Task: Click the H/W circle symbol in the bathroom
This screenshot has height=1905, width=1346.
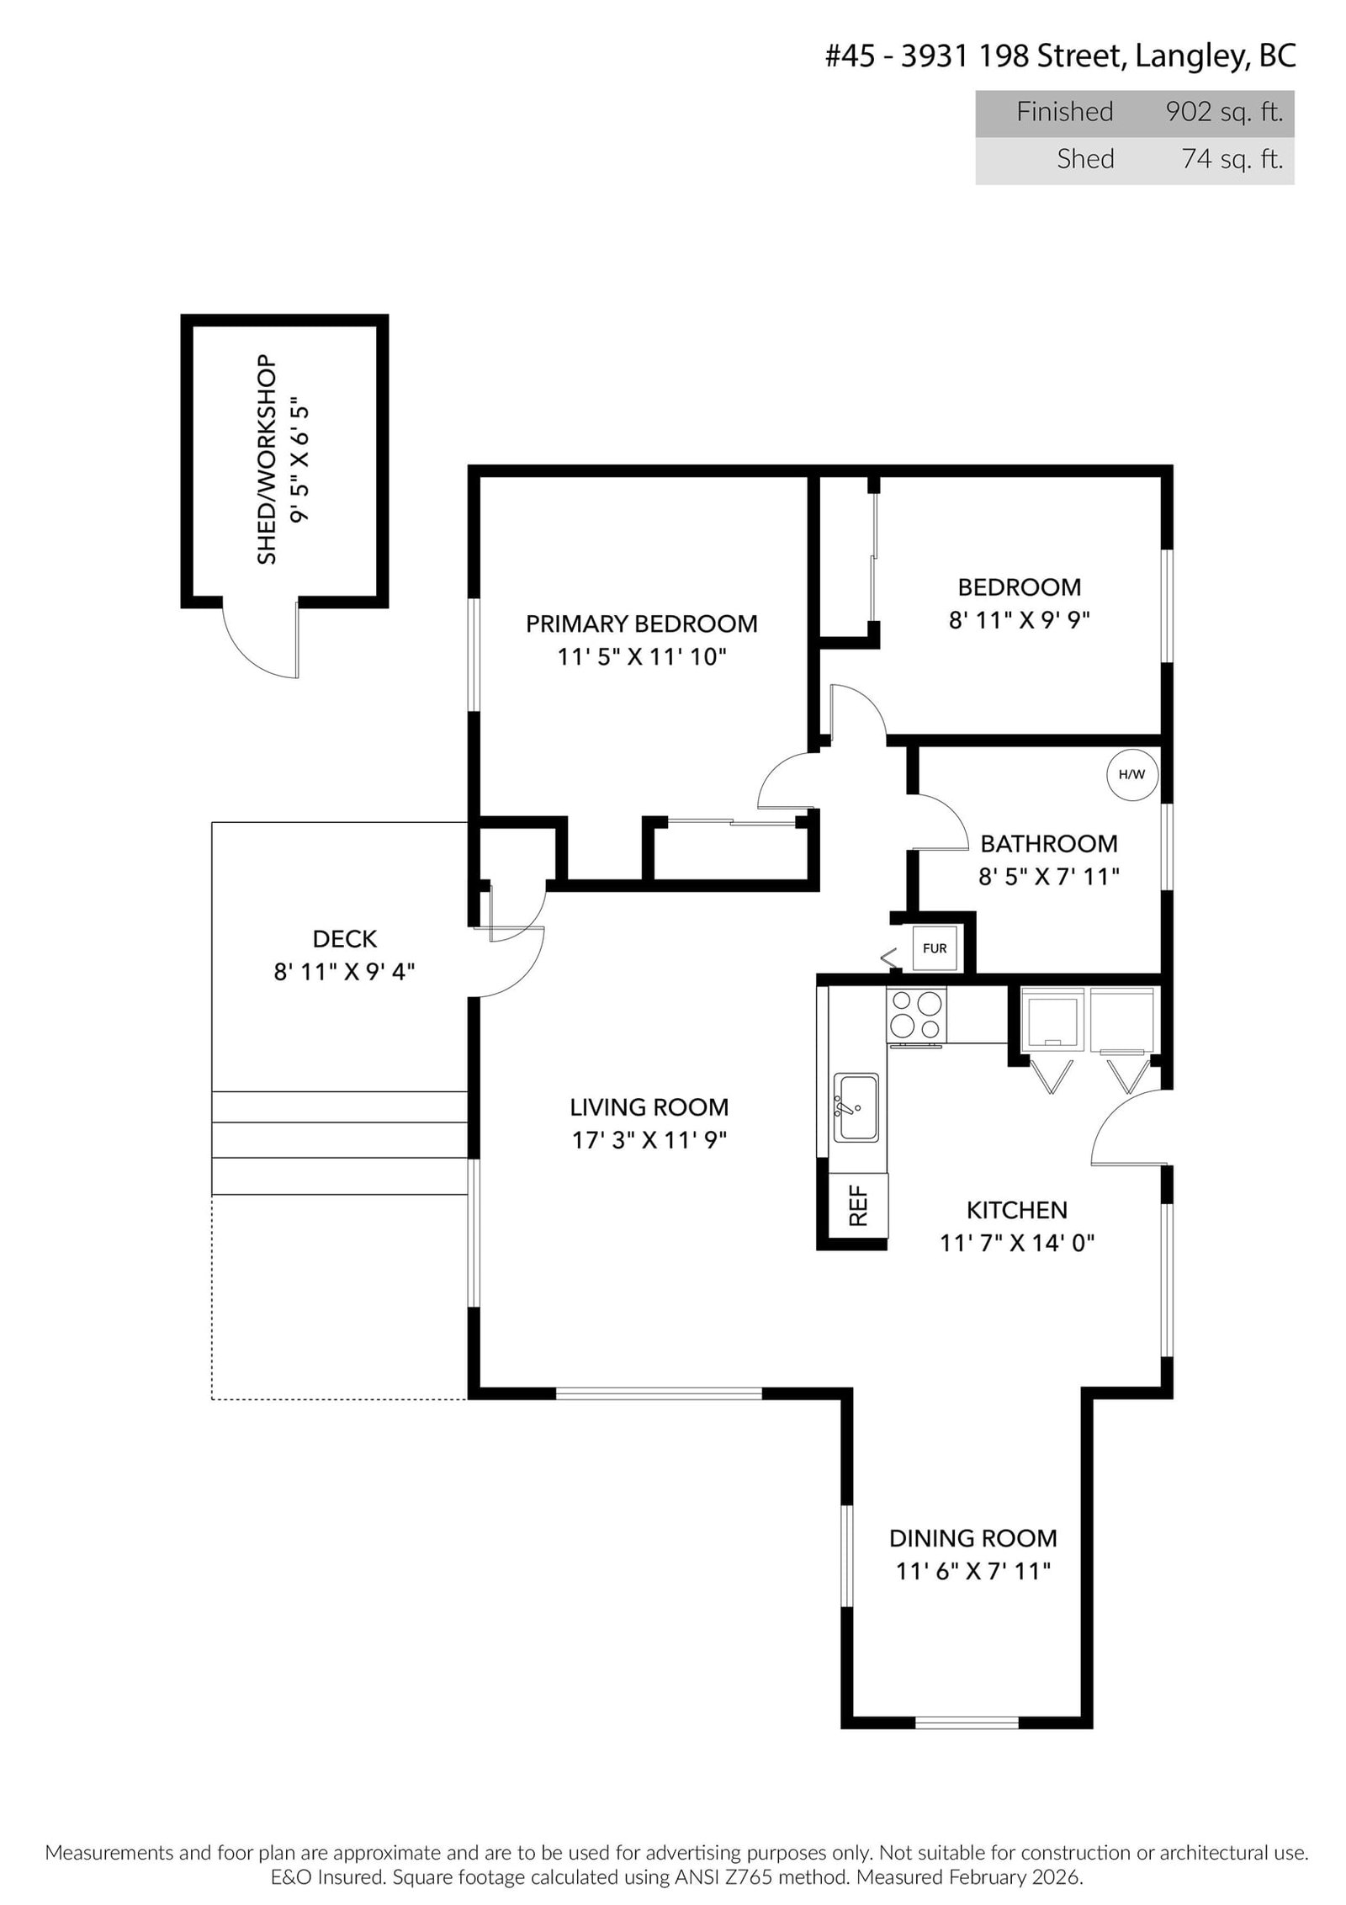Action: [1131, 773]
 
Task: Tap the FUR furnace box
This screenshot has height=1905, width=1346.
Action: [934, 948]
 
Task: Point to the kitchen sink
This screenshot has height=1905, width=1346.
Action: [856, 1107]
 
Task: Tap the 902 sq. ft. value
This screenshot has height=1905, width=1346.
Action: [1224, 112]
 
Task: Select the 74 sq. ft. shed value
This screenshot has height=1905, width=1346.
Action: [1232, 159]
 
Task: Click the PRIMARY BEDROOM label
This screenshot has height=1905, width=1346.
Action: [641, 624]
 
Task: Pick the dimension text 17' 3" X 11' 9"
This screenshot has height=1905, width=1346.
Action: [648, 1140]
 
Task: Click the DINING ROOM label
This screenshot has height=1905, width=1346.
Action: [972, 1538]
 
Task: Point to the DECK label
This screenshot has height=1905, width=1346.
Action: [344, 939]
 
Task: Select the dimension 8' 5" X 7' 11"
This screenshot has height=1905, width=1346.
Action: [1048, 877]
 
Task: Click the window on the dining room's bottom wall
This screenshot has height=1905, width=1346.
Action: [966, 1722]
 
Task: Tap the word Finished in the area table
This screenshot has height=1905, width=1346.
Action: [1064, 112]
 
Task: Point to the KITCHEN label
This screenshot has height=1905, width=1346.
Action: [1016, 1210]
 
